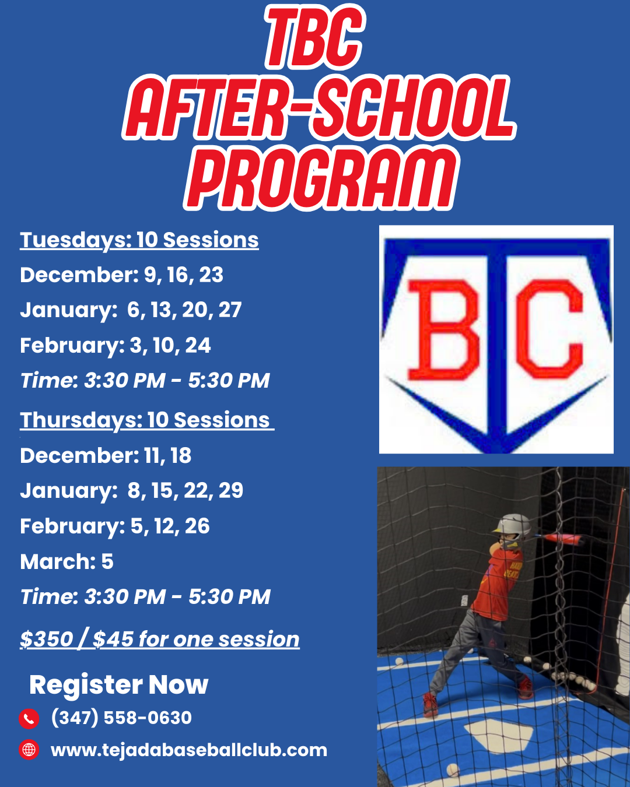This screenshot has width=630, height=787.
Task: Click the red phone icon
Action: click(29, 719)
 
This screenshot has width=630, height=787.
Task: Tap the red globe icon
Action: click(29, 750)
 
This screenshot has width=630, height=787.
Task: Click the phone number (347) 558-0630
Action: click(121, 718)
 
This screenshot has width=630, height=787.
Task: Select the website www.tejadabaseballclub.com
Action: click(189, 750)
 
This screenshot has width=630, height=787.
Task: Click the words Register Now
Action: click(118, 684)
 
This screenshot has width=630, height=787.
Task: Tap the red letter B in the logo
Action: click(444, 330)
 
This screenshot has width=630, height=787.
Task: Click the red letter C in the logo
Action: click(549, 329)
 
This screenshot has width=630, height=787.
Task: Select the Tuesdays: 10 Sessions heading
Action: click(139, 241)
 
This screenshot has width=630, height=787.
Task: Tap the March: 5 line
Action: click(66, 561)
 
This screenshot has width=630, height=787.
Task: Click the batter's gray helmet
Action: click(512, 528)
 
